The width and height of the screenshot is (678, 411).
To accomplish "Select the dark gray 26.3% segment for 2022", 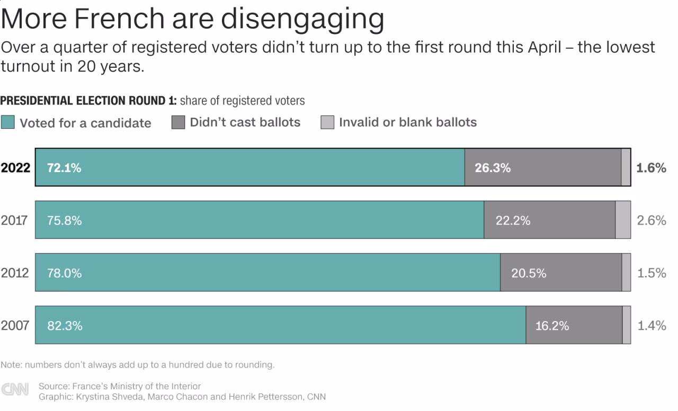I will pos(542,167).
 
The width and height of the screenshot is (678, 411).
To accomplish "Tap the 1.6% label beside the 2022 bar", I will pos(651,168).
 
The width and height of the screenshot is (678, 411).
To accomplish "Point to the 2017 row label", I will pos(14,220).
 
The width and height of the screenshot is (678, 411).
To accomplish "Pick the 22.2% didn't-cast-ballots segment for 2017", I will pos(549,220).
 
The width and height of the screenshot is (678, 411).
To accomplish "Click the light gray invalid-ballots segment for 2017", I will pos(623,220).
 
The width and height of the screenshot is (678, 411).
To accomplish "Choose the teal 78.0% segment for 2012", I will pos(267,272).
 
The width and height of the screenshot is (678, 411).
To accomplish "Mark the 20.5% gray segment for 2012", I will pos(561,272).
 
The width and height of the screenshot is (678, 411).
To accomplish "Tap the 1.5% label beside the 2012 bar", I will pos(651,273).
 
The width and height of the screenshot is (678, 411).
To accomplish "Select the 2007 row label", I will pos(14,325).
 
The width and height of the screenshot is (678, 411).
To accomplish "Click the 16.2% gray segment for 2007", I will pos(574,325).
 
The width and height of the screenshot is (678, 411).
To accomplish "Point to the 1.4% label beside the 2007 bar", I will pos(651,325).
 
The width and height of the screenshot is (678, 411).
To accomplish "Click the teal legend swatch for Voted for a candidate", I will pos(7,122).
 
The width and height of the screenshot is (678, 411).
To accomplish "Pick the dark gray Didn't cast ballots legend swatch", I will pos(178,122).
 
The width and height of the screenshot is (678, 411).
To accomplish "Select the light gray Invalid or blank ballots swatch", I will pos(327,122).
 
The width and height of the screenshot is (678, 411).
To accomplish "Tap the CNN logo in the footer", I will pos(15,390).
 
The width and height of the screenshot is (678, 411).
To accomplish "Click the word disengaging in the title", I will pos(302,19).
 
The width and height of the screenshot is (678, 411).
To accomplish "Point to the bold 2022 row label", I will pos(15,168).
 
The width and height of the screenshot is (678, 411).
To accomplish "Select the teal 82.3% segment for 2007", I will pos(280,325).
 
